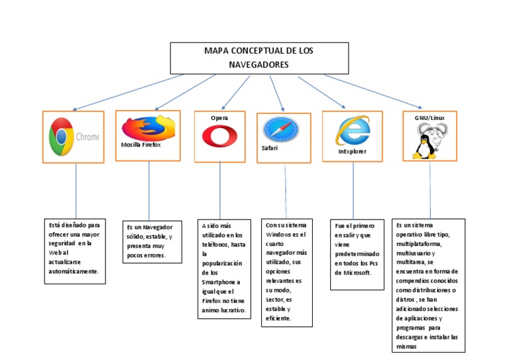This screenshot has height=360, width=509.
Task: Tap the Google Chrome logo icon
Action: (62, 137)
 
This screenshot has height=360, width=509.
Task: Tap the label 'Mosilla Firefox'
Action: (141, 145)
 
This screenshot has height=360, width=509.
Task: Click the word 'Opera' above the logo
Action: (219, 117)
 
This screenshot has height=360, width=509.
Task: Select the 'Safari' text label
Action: (269, 148)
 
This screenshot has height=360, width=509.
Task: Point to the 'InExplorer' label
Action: (352, 151)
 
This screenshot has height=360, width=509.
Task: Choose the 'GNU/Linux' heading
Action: (429, 118)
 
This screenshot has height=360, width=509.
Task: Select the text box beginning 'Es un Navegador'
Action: (152, 241)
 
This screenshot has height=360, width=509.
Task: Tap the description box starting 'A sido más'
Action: (225, 268)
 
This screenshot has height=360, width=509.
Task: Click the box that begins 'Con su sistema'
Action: (286, 272)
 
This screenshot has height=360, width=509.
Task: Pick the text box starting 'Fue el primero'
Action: (357, 253)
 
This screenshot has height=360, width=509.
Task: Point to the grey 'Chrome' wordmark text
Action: (87, 137)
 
